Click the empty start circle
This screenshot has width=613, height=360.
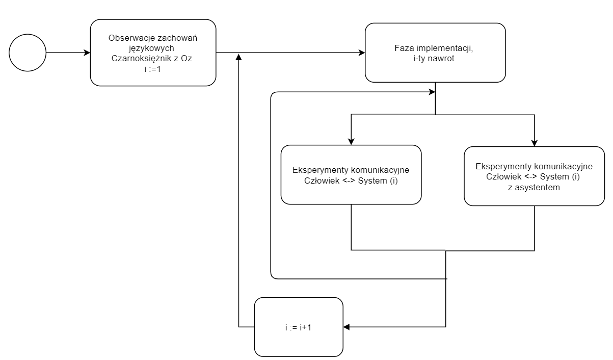pos(28,53)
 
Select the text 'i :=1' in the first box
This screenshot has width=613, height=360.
pos(153,68)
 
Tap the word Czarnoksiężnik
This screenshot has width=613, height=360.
pos(142,58)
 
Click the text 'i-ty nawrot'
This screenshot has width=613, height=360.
pos(435,58)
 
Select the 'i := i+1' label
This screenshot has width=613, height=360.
pos(298,327)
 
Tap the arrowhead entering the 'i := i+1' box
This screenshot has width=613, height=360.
pos(347,327)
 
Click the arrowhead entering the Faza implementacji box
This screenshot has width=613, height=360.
pos(362,53)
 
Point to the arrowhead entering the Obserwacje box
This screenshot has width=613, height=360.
pos(87,53)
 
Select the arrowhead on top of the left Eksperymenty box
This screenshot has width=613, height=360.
pos(351,141)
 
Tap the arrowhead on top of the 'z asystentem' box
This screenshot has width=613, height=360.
pos(534,143)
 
